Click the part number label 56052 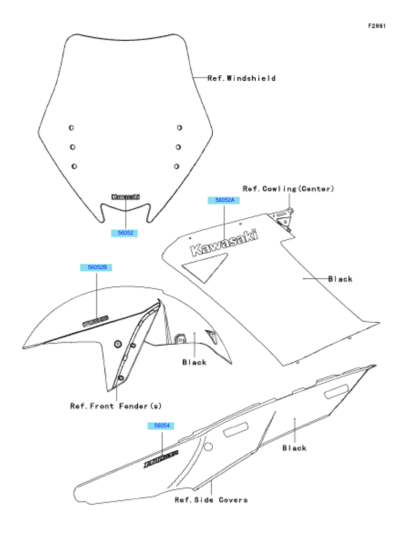tap(125, 233)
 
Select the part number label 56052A tap(225, 200)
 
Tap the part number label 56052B tap(96, 267)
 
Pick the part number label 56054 tap(161, 425)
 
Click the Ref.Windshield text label tap(242, 78)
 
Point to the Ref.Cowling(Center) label tap(288, 189)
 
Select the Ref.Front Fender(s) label tap(116, 406)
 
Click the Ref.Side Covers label tap(211, 500)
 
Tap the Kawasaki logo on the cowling tap(224, 244)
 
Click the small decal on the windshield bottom tap(125, 197)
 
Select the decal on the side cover tap(161, 458)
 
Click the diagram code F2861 tap(377, 26)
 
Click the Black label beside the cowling tap(340, 279)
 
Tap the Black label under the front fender tap(194, 362)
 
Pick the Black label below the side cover tap(294, 448)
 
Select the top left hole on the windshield tap(71, 127)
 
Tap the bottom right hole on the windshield tap(176, 166)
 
